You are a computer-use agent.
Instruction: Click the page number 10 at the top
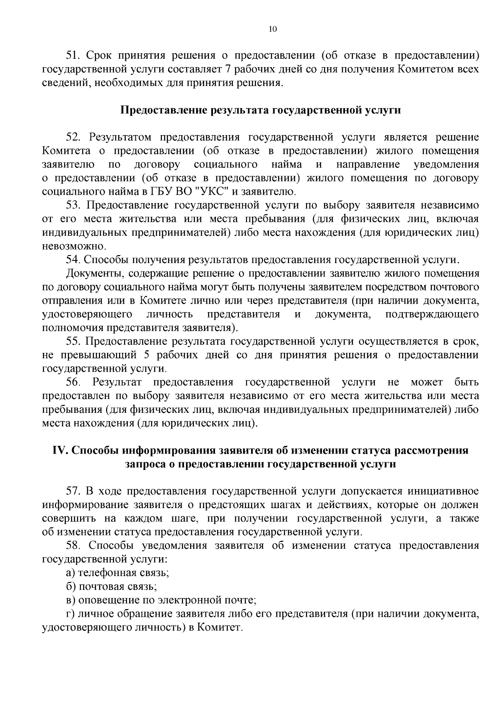pos(272,29)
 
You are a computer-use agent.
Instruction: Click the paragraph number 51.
pos(73,55)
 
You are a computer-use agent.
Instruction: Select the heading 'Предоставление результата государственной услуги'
pos(260,110)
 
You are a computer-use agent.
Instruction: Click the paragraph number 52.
pos(73,138)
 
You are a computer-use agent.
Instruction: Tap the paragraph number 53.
pos(73,206)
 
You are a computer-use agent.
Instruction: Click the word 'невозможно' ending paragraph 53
pos(74,246)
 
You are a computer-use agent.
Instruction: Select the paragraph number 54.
pos(73,260)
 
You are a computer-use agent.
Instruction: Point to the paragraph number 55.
pos(73,342)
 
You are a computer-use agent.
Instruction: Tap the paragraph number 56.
pos(73,382)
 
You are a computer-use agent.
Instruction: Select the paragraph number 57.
pos(73,491)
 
